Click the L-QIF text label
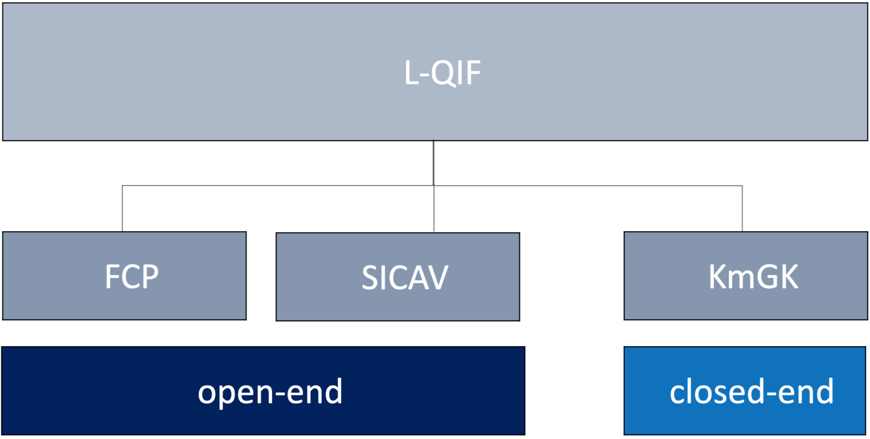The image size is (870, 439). click(x=442, y=73)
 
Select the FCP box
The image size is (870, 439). click(x=125, y=276)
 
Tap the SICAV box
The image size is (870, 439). click(x=398, y=277)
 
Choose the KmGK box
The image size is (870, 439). click(x=746, y=276)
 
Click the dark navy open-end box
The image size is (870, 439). click(x=263, y=391)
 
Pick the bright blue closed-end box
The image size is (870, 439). click(x=745, y=391)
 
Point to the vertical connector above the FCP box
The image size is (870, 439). click(x=122, y=208)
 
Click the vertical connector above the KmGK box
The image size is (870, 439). click(x=742, y=209)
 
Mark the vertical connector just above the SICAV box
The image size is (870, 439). click(x=434, y=209)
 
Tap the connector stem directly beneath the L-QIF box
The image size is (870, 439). click(x=434, y=163)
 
